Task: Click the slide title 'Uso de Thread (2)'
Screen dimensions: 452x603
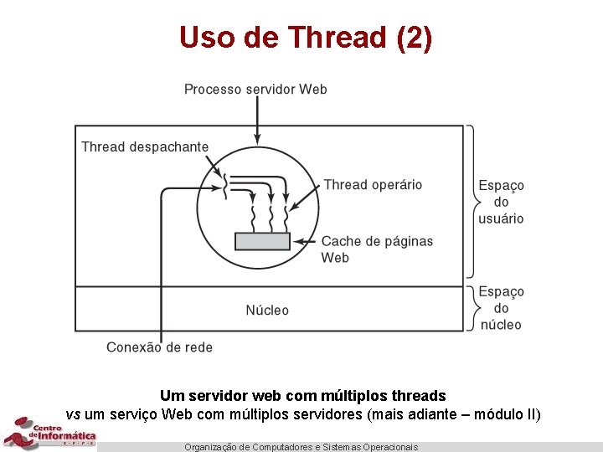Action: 306,37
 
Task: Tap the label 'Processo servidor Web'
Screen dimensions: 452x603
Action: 255,89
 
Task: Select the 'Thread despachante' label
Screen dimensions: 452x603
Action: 145,146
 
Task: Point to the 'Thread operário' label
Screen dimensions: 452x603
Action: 373,184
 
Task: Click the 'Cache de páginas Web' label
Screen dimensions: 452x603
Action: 377,249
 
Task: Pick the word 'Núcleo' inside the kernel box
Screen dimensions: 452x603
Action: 267,310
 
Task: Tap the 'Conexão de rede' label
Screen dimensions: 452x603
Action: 159,347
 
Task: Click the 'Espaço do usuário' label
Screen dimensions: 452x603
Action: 501,202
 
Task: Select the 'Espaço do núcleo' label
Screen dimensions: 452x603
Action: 501,308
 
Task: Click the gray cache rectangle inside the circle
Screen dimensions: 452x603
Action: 262,241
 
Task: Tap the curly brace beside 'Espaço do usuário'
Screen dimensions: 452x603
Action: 472,202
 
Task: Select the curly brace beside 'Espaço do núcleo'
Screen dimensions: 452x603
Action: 472,308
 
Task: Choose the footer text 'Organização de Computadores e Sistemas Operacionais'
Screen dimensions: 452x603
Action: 301,447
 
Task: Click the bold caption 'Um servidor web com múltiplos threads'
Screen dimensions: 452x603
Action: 302,395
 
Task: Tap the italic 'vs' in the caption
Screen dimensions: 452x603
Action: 73,414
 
